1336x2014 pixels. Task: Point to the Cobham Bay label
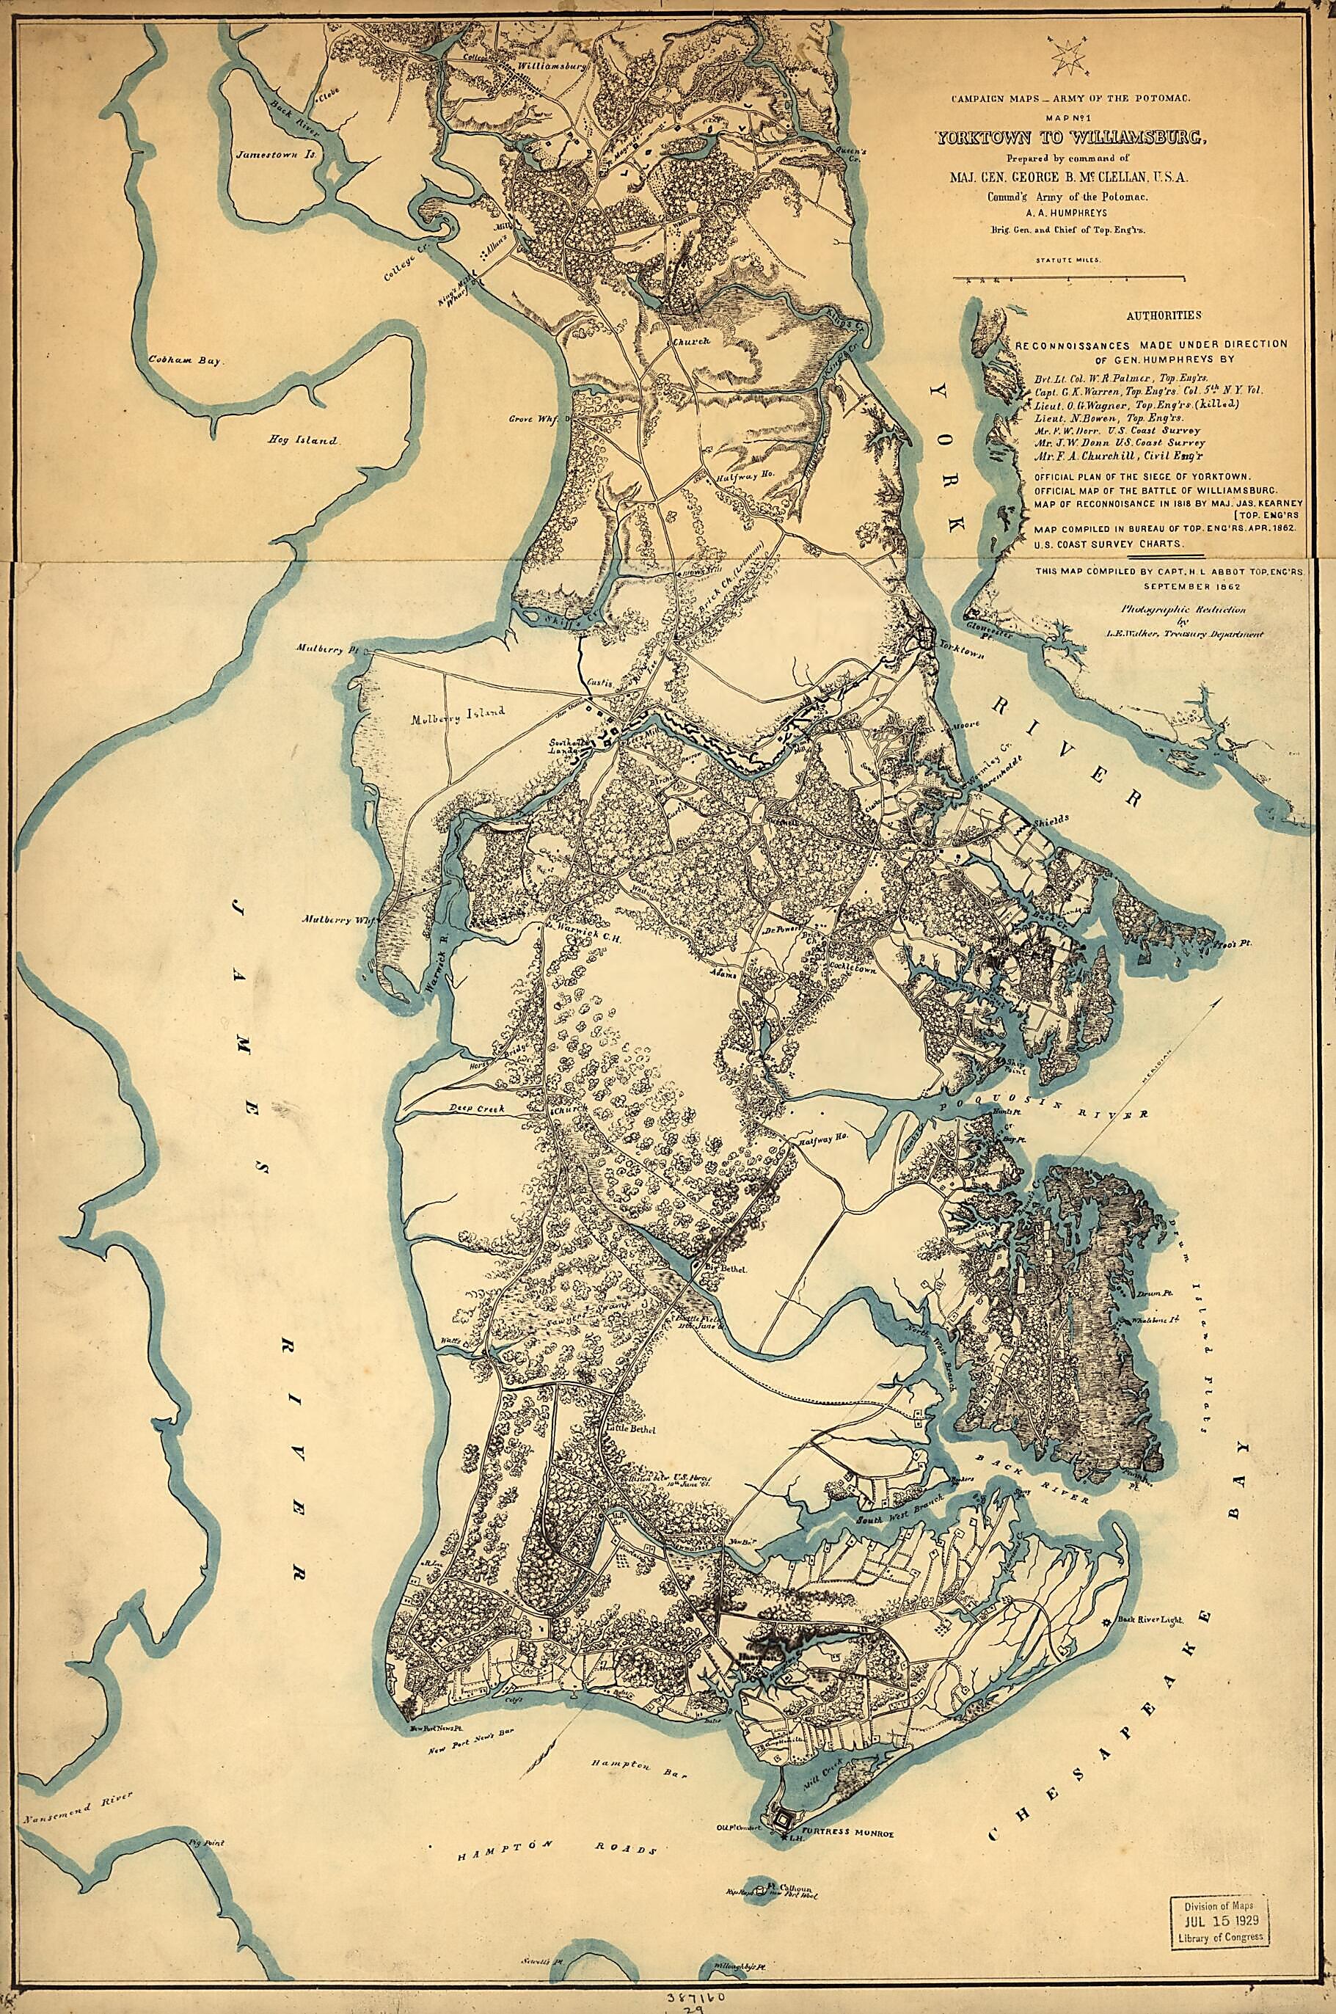[185, 360]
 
